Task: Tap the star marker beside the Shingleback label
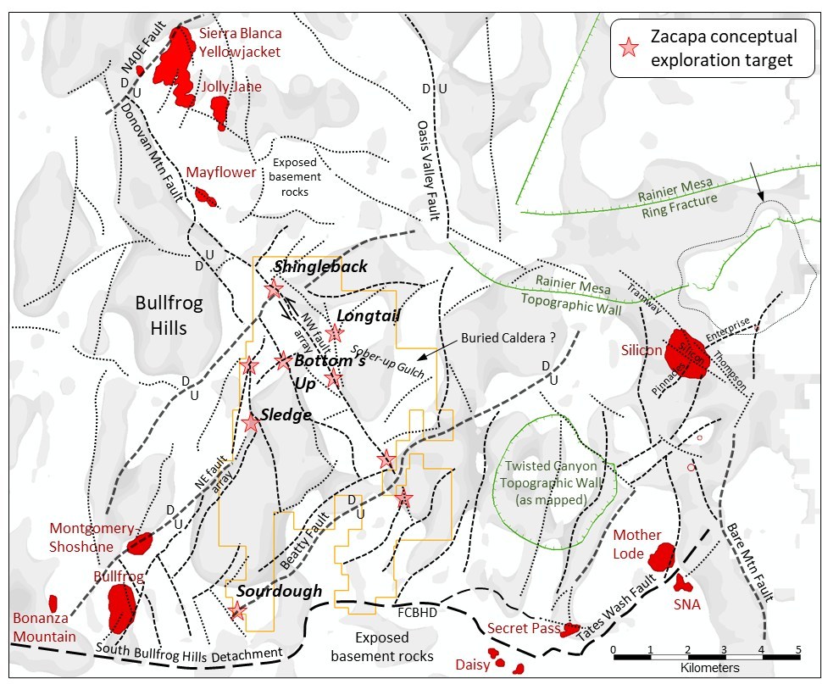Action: point(273,290)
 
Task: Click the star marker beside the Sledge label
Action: point(251,423)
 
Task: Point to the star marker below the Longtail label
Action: point(336,333)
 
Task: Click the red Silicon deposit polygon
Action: point(688,353)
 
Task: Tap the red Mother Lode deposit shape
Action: point(661,556)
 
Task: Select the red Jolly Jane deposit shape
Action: point(220,110)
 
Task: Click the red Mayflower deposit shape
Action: point(204,197)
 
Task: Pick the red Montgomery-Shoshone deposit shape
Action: point(139,542)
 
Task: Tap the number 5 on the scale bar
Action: point(797,650)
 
